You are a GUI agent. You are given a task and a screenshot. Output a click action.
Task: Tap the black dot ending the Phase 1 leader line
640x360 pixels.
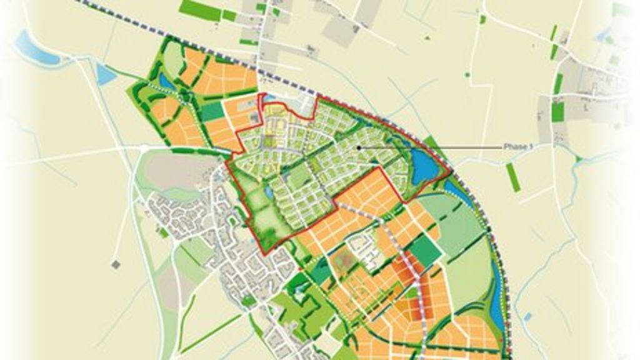tap(358, 147)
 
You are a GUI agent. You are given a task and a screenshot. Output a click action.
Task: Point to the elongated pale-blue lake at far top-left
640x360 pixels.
tap(35, 49)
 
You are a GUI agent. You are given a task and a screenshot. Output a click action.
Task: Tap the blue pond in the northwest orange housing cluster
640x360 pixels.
tap(167, 81)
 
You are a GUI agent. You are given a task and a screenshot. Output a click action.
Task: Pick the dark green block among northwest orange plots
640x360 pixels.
tap(212, 111)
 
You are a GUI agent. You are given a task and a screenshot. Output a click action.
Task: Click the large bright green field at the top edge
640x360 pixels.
tap(200, 9)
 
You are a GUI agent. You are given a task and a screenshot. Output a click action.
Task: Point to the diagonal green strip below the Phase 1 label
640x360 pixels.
tap(512, 177)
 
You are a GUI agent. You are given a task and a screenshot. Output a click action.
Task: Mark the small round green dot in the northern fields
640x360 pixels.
tap(467, 74)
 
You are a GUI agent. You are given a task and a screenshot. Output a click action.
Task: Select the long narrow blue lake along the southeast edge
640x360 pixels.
tap(497, 294)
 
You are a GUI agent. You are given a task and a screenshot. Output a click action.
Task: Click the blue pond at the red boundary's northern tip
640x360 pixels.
tap(270, 99)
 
